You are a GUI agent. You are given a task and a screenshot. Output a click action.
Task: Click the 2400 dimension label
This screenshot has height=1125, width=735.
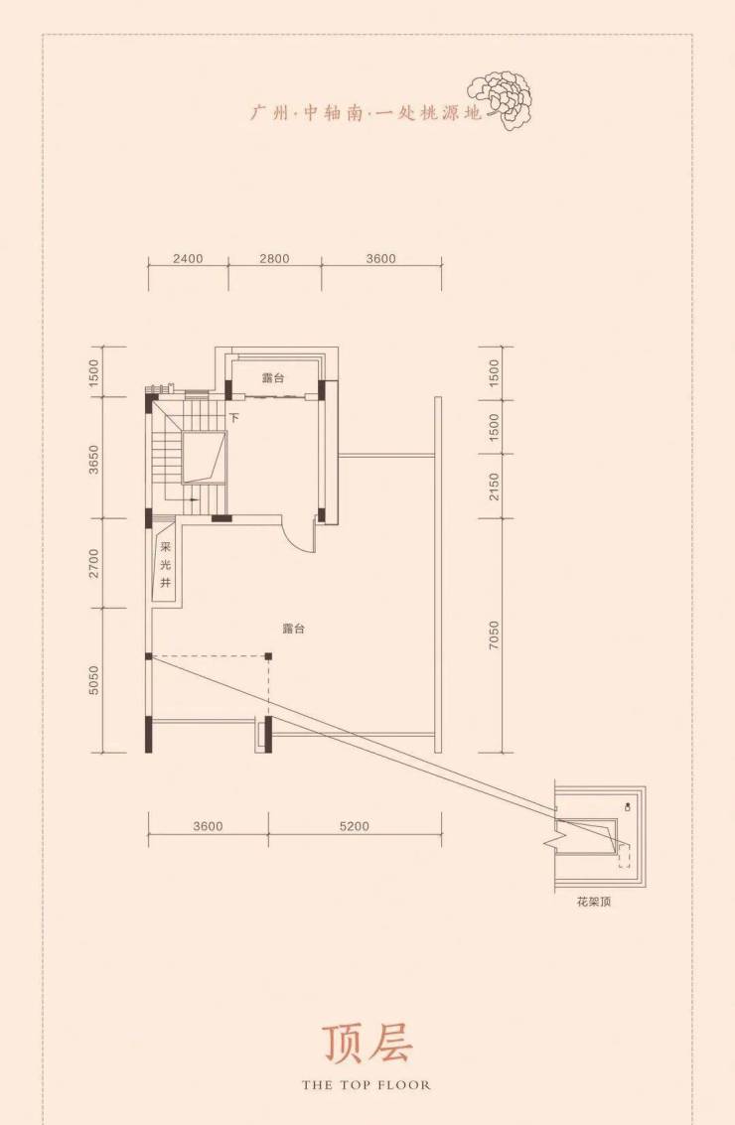coord(188,258)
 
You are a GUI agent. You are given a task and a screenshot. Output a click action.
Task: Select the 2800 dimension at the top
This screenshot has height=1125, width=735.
coord(274,258)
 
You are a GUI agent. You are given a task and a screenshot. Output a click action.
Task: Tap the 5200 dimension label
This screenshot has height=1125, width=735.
coord(354,826)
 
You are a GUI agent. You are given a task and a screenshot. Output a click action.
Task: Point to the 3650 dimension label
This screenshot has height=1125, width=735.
coord(93,460)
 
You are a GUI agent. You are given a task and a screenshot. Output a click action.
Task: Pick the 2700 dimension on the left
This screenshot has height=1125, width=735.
coord(93,563)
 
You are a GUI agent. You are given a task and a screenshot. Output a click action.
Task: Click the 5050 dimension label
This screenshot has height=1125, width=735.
coord(93,680)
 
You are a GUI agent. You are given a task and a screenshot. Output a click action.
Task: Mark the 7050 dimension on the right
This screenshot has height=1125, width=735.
coord(493,635)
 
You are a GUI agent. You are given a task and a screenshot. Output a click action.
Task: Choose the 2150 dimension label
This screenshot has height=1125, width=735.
coord(493,487)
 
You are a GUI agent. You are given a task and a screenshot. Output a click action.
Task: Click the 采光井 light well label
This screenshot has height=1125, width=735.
coord(166,565)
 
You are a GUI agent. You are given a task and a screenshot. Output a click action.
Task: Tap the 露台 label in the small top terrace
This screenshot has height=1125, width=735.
coord(273,378)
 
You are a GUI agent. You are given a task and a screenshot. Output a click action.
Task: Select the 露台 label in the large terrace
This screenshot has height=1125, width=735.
coord(294,629)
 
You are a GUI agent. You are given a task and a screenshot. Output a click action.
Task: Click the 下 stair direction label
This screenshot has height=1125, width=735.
coord(233,417)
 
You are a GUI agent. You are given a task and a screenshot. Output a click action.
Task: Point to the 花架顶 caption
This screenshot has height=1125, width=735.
coord(594,902)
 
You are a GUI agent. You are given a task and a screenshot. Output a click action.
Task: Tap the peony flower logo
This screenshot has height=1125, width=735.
coord(501,99)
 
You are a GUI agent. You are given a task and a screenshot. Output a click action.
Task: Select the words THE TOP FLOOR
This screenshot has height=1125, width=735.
coord(367,1085)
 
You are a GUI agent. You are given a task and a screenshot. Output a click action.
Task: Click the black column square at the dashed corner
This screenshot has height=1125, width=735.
coord(268,655)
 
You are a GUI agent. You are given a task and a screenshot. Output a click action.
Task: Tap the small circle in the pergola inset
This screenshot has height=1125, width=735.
coord(629,806)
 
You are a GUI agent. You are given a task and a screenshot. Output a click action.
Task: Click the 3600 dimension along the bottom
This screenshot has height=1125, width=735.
coord(209,826)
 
